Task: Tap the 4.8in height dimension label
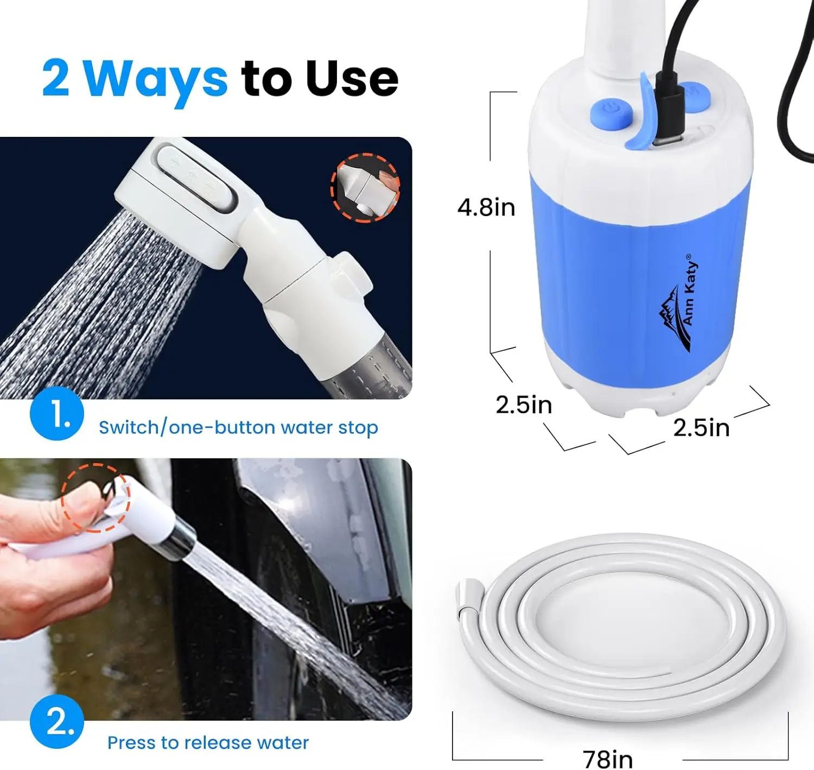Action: coord(486,207)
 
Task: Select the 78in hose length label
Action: coord(607,759)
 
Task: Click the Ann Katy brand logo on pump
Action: coord(678,304)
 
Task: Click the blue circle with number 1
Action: coord(57,413)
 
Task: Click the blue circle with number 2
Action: coord(57,722)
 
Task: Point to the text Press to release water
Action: coord(208,742)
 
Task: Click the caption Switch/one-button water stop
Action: coord(238,427)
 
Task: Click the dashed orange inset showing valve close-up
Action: coord(365,188)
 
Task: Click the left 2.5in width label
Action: coord(523,405)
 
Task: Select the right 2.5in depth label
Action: coord(701,428)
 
